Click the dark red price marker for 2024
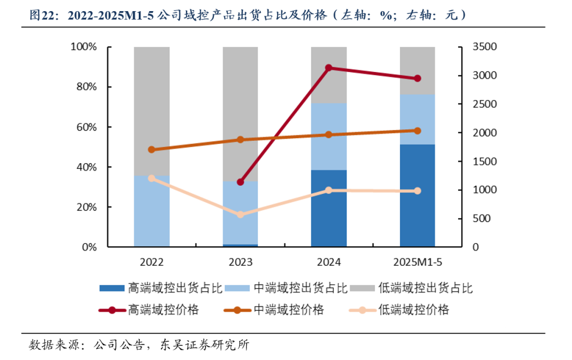click(328, 68)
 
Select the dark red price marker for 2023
click(240, 182)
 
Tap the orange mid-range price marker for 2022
click(151, 149)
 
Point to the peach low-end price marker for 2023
click(240, 214)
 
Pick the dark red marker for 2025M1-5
click(417, 78)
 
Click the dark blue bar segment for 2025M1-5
click(417, 195)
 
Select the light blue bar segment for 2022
click(151, 211)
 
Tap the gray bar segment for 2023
click(240, 114)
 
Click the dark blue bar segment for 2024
click(328, 208)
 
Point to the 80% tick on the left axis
click(84, 87)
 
